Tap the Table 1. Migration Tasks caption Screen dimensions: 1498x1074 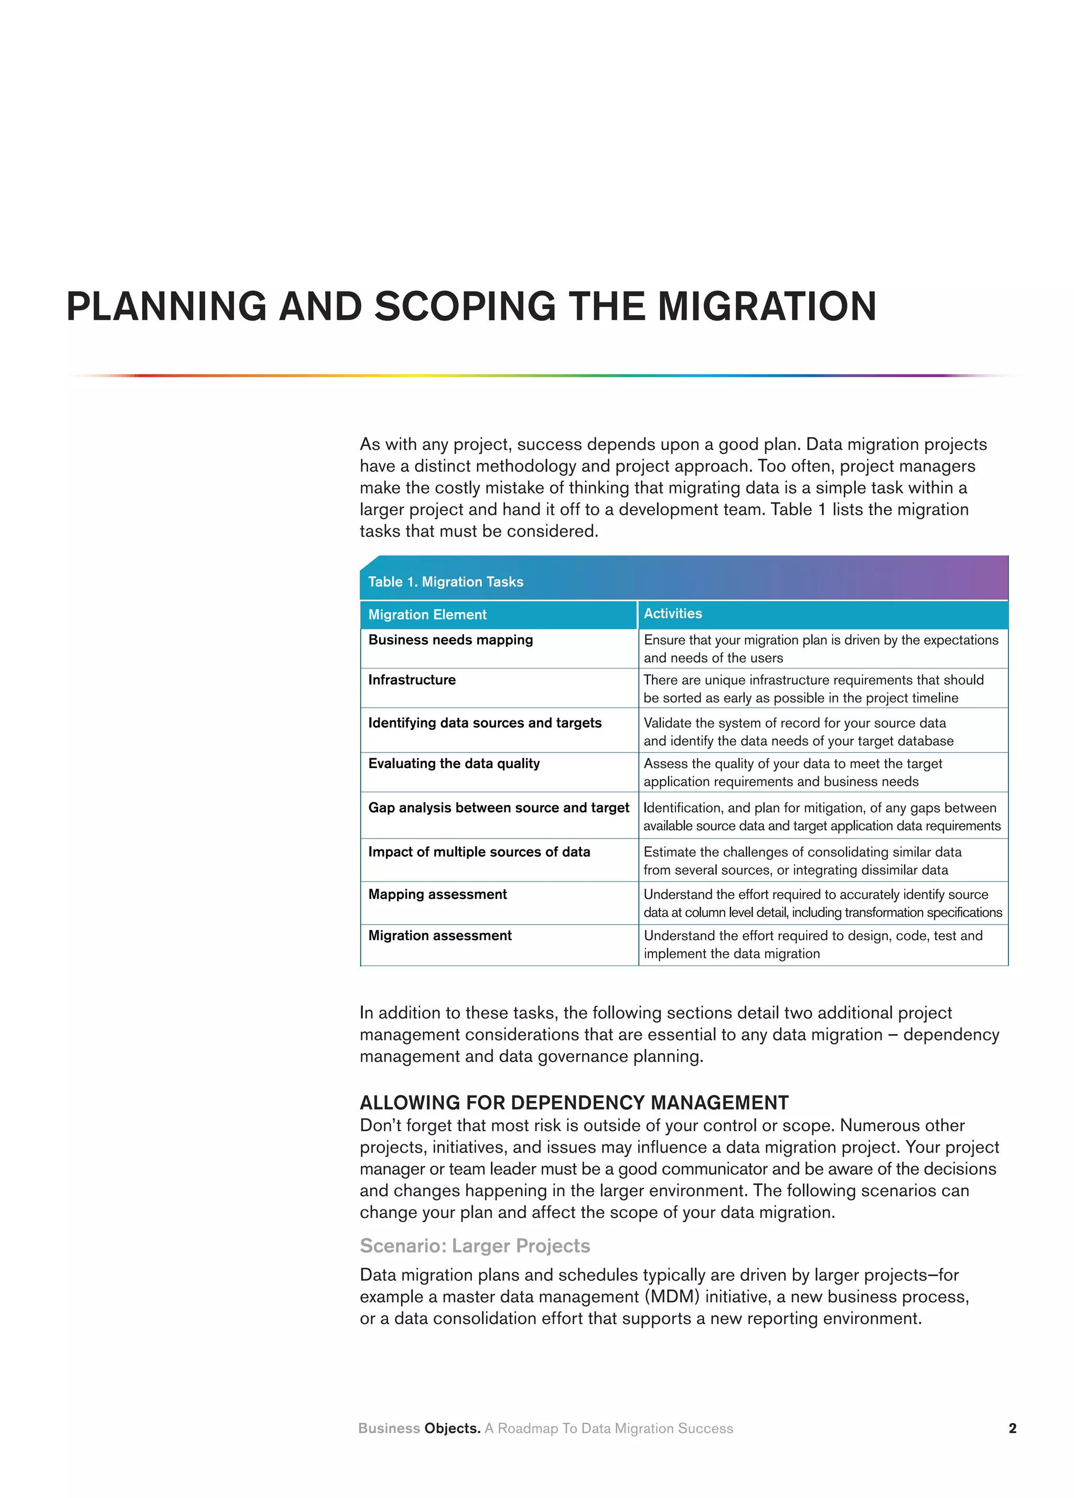pos(446,582)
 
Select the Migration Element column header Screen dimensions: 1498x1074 pos(427,615)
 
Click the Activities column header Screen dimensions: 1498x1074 pos(673,613)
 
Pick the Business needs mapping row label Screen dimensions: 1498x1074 pos(450,640)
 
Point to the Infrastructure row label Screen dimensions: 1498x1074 pos(412,681)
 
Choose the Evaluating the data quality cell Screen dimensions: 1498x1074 pos(454,763)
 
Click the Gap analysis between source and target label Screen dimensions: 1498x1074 pos(498,808)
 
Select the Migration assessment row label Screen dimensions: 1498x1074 pos(439,936)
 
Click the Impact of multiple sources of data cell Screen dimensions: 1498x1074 pos(479,852)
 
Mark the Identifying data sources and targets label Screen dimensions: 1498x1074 pos(485,723)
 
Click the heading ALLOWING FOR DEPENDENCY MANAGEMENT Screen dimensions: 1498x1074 pos(574,1102)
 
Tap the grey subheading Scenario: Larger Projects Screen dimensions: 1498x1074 pos(475,1246)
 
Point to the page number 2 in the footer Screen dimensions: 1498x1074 pos(1012,1428)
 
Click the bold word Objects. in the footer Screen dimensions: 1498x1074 pos(452,1428)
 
